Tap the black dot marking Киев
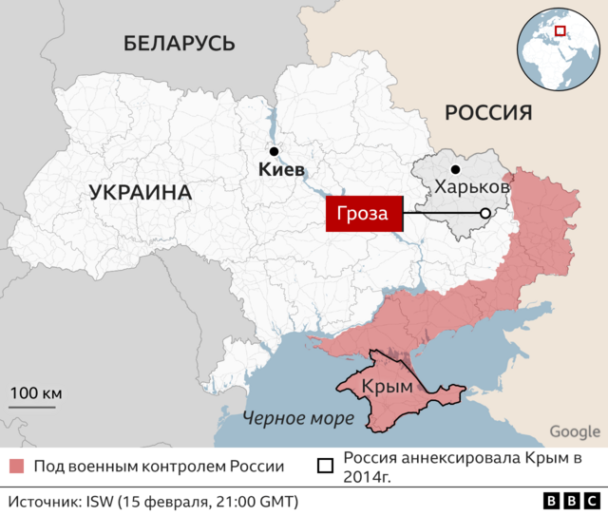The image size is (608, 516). pyautogui.click(x=274, y=151)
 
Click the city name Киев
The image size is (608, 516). pyautogui.click(x=282, y=171)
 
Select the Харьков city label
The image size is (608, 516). pyautogui.click(x=472, y=188)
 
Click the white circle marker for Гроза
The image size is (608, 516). pyautogui.click(x=485, y=214)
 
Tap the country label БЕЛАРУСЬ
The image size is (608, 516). pyautogui.click(x=179, y=43)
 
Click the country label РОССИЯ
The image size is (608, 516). pyautogui.click(x=487, y=113)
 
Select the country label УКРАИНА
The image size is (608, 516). pyautogui.click(x=141, y=193)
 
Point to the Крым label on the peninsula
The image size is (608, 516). pyautogui.click(x=387, y=387)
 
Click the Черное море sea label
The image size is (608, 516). pyautogui.click(x=297, y=418)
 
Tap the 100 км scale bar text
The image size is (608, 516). pyautogui.click(x=35, y=393)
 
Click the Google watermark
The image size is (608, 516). pyautogui.click(x=574, y=431)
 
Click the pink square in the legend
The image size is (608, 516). pyautogui.click(x=16, y=467)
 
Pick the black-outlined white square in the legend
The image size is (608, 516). pyautogui.click(x=325, y=467)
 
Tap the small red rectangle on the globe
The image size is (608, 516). pyautogui.click(x=560, y=31)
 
